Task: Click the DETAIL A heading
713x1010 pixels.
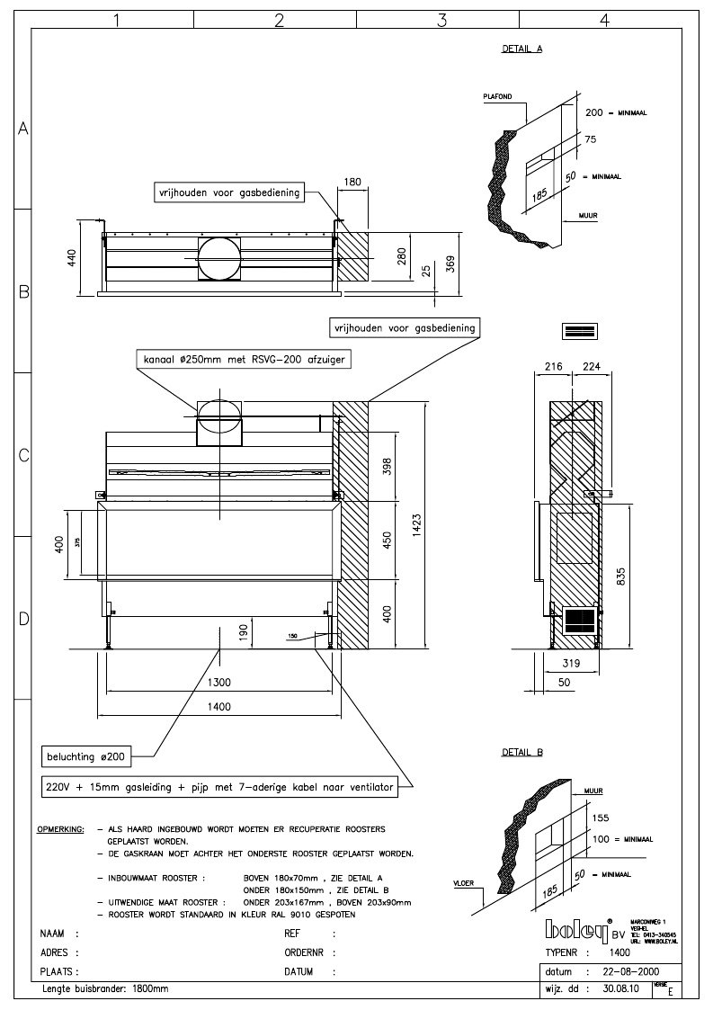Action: click(521, 49)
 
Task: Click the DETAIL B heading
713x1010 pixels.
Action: click(521, 751)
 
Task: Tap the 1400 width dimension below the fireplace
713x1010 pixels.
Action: click(218, 706)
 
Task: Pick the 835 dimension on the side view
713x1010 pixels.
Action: click(620, 580)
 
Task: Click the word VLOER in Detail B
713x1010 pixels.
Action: click(464, 883)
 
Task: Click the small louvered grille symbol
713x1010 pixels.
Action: click(580, 330)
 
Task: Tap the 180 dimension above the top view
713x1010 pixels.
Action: click(353, 182)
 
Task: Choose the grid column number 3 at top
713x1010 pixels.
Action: click(441, 21)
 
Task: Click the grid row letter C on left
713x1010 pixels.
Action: click(23, 455)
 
